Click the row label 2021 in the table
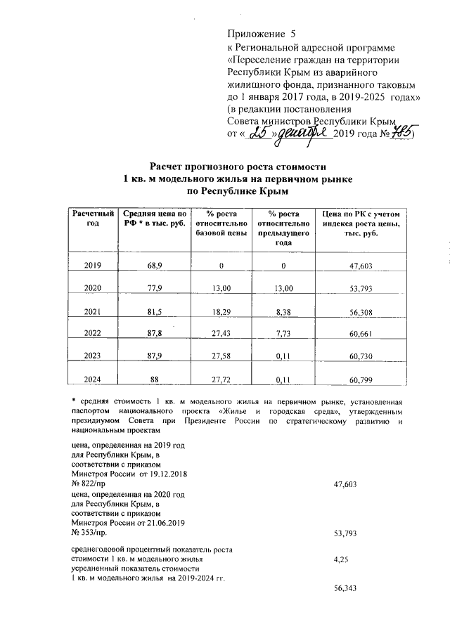[92, 312]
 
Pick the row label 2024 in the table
[92, 379]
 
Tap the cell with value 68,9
[155, 266]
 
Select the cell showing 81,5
[155, 312]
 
